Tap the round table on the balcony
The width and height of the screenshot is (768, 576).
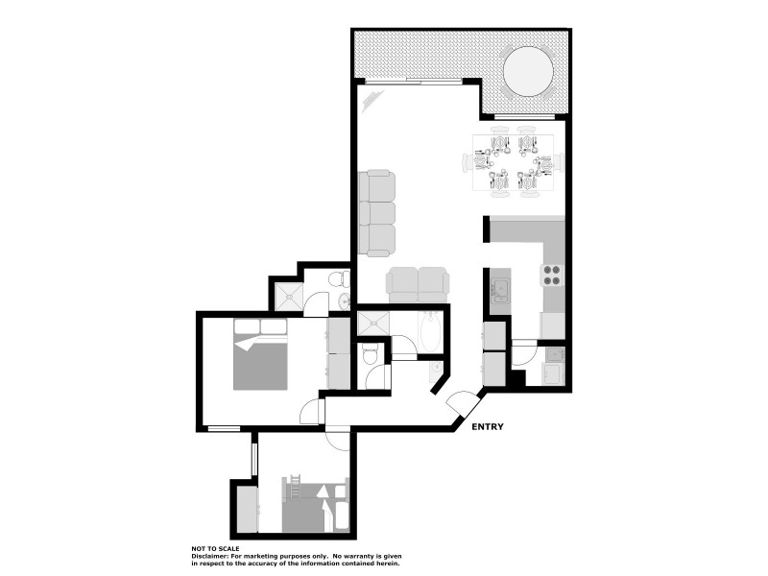click(529, 72)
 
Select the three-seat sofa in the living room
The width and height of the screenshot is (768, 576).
click(376, 212)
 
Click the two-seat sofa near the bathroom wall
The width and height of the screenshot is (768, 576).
click(418, 283)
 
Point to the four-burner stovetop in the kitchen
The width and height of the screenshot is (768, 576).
click(553, 276)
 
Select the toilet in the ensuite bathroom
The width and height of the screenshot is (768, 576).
click(337, 279)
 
